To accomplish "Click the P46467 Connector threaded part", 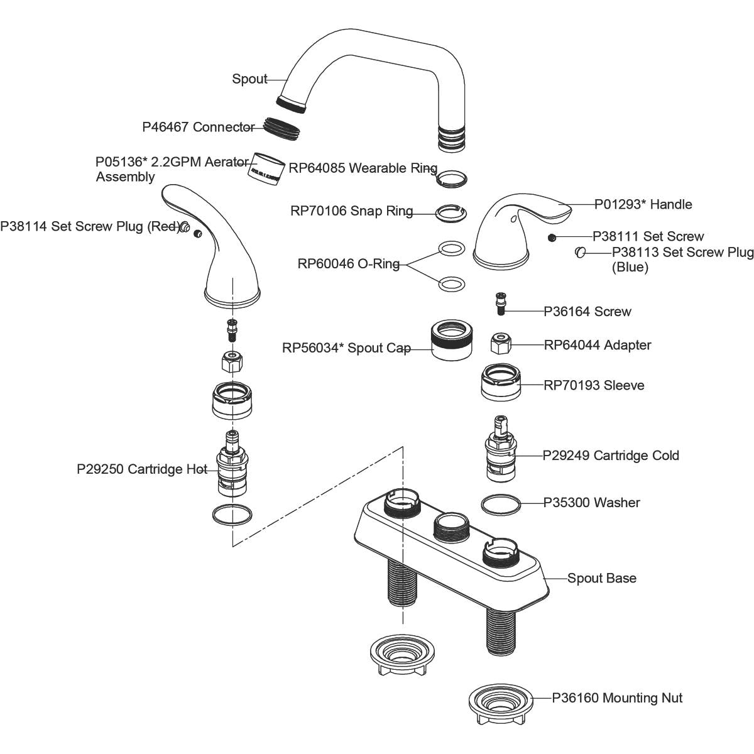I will [280, 128].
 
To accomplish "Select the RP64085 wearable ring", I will [452, 178].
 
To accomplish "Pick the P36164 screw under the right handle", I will [501, 305].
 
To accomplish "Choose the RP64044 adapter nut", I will [501, 344].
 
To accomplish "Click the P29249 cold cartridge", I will [501, 454].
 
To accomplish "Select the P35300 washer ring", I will [501, 503].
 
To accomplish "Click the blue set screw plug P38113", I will [581, 253].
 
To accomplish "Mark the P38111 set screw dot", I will [552, 238].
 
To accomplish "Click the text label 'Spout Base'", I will [601, 578].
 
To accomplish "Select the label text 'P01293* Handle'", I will [643, 204].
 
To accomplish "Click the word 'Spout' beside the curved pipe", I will [249, 79].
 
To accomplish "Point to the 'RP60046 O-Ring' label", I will [348, 264].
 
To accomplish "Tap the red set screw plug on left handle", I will [185, 227].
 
